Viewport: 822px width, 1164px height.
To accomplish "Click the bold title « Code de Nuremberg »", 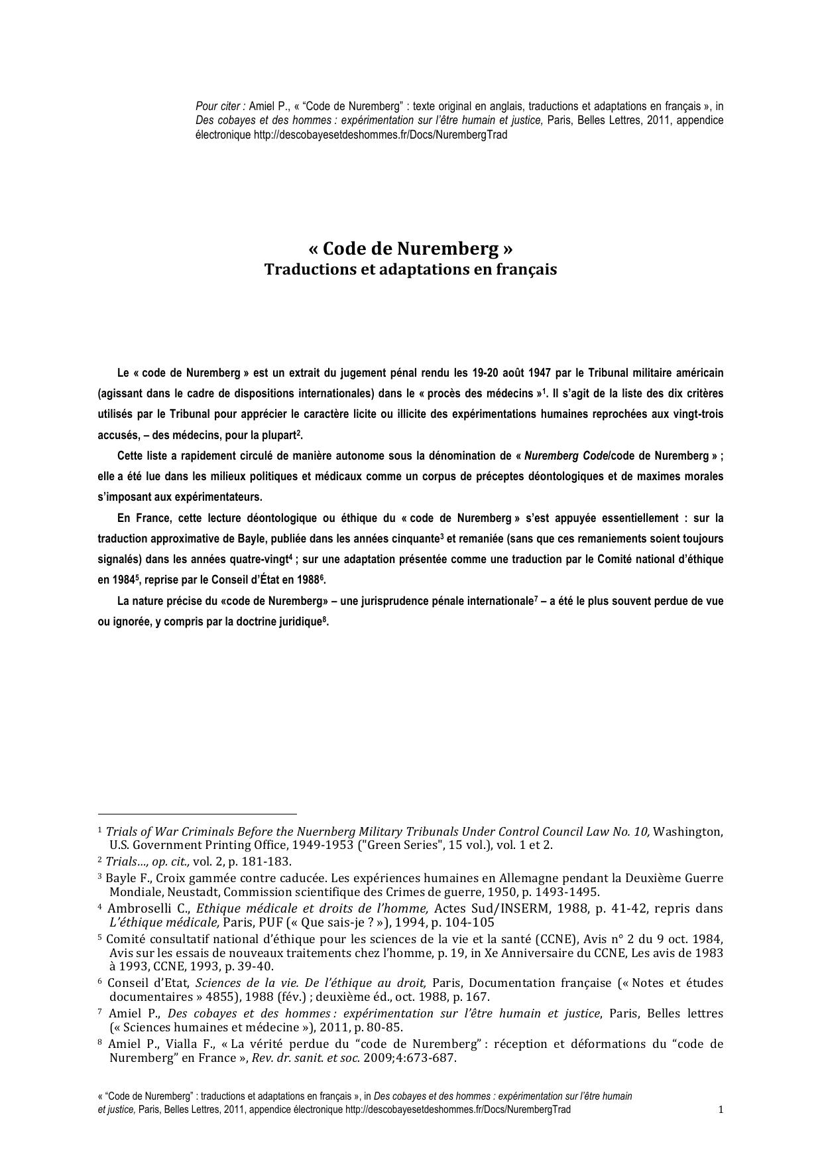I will coord(410,249).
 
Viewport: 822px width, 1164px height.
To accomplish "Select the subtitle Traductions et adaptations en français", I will coord(410,270).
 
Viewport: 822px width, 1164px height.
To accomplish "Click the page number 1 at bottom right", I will coord(721,1110).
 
